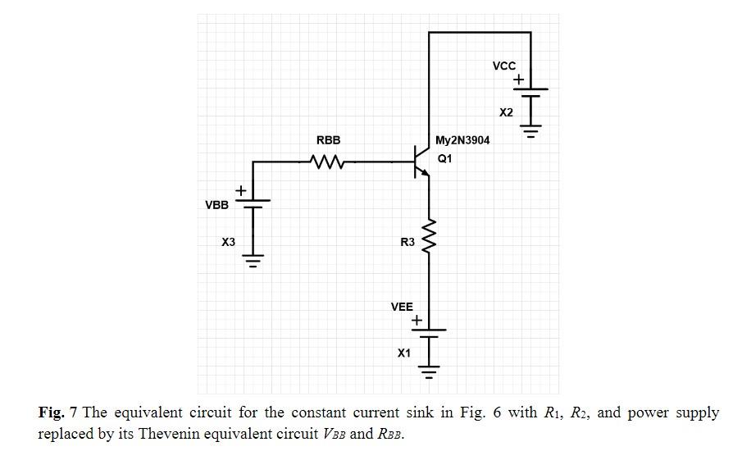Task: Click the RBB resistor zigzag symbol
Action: coord(328,162)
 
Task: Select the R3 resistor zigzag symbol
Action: coord(428,238)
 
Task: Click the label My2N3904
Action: coord(462,140)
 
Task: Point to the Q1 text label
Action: coord(444,159)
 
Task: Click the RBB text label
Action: coord(328,141)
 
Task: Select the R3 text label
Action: coord(407,243)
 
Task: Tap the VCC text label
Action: coord(503,66)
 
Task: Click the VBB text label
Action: coord(216,205)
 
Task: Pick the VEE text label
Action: coord(402,307)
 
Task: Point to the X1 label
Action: coord(403,353)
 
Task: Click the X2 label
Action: coord(506,112)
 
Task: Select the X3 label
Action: coord(228,243)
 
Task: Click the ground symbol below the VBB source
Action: coord(253,263)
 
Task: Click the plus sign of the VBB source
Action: coord(241,191)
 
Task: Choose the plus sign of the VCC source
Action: coord(519,80)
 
